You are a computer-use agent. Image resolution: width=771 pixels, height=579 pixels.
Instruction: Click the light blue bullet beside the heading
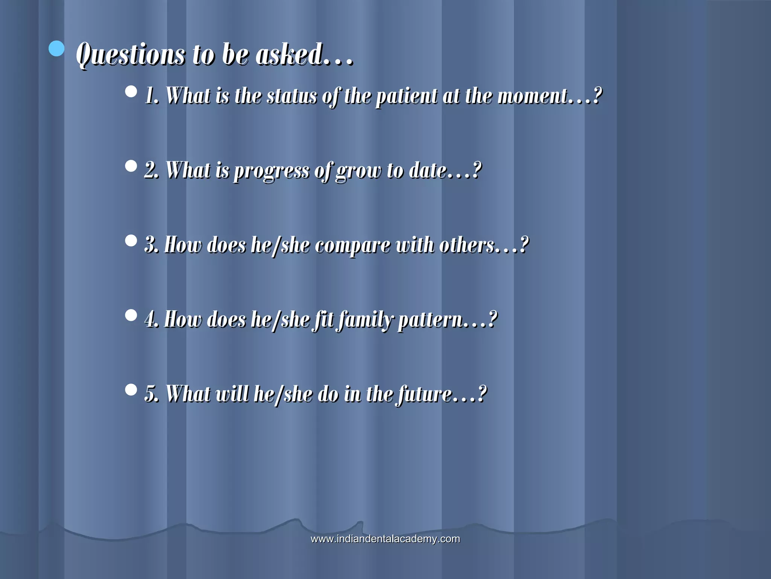(x=56, y=49)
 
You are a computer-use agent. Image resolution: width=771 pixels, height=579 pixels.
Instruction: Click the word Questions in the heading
(x=130, y=55)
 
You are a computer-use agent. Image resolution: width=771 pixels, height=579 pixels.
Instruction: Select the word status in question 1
(x=292, y=96)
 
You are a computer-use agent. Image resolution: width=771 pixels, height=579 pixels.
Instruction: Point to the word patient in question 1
(x=407, y=96)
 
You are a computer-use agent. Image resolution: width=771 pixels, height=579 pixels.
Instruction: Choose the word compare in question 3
(x=352, y=245)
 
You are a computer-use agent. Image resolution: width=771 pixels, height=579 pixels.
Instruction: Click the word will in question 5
(x=232, y=394)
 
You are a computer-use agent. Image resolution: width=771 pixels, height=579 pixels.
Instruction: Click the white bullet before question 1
(x=131, y=92)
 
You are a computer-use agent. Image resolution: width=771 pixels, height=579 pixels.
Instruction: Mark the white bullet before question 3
(x=131, y=241)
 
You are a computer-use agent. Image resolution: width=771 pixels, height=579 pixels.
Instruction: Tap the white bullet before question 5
(x=131, y=390)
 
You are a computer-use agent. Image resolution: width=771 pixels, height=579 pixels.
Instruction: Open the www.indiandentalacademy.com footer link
(x=385, y=539)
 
